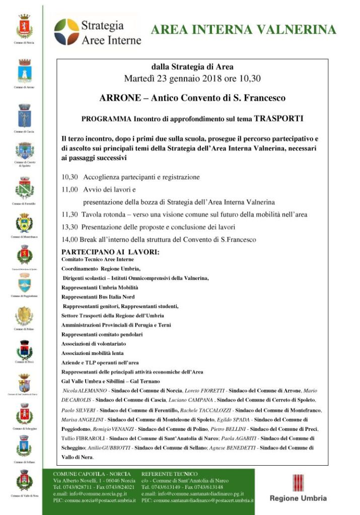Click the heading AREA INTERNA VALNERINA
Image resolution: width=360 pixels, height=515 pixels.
pos(244,30)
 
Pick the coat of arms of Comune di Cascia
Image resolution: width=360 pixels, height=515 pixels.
pos(24,115)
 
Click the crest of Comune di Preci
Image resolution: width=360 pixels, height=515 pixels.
pos(24,349)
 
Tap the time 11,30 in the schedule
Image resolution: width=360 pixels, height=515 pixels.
pos(69,214)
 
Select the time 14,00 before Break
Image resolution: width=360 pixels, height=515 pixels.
pos(69,240)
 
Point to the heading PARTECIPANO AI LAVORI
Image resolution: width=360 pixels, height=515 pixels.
pos(110,251)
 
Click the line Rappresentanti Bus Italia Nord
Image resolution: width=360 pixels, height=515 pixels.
pos(98,297)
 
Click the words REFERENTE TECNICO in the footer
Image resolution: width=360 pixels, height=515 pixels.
pos(170,474)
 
